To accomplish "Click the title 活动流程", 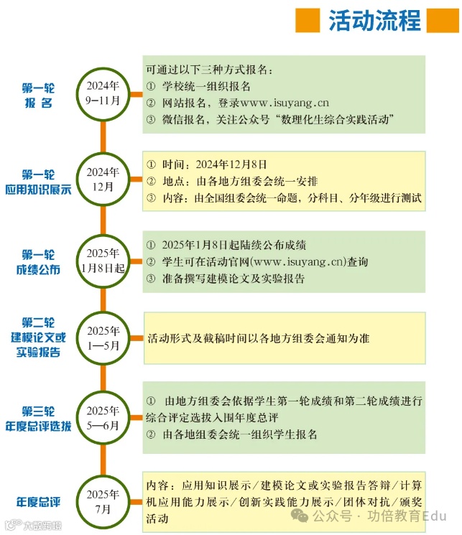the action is click(x=374, y=21).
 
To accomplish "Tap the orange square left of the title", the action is click(x=307, y=21).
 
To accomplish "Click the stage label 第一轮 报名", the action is click(x=37, y=96).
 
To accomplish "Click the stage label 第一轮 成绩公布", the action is click(x=38, y=262).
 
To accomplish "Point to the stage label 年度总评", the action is click(x=37, y=501).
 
